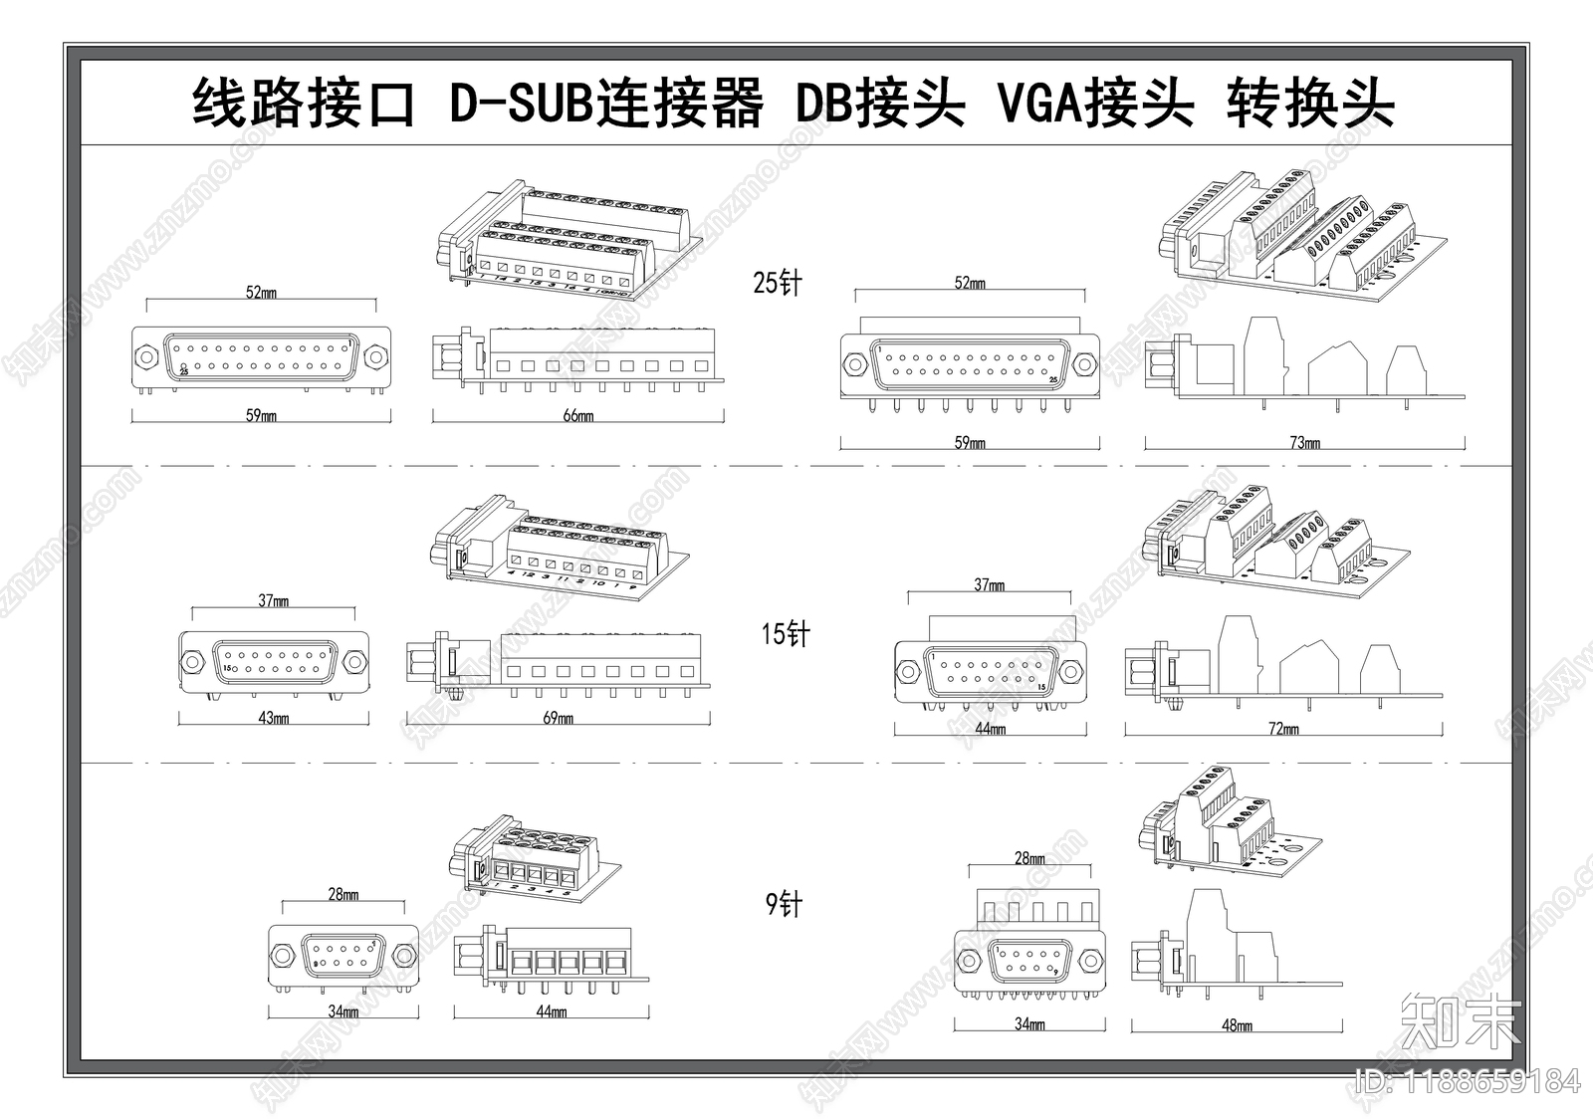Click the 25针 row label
coord(777,283)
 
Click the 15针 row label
coord(786,633)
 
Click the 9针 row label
coord(784,904)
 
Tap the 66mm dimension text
coord(578,415)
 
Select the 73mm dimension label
coord(1304,442)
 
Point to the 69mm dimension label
coord(558,718)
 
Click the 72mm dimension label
coord(1283,729)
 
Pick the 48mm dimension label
coord(1237,1024)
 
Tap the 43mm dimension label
coord(273,718)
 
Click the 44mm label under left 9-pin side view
coord(551,1011)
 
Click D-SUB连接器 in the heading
coord(605,103)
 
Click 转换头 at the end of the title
coord(1309,103)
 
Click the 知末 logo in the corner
coord(1461,1020)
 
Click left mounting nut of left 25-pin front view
coord(145,356)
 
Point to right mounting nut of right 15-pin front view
coord(1071,672)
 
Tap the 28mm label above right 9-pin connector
coord(1029,858)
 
